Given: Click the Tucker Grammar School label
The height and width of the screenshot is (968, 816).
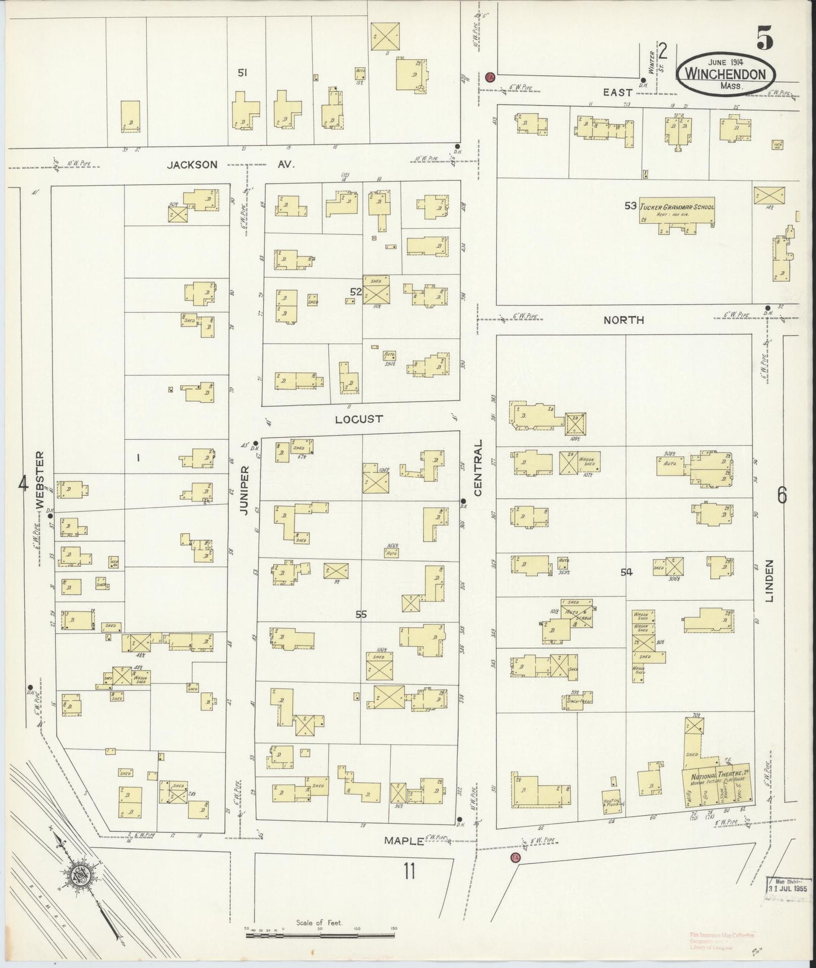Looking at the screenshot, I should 677,207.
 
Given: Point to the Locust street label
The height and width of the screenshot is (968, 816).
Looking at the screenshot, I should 359,419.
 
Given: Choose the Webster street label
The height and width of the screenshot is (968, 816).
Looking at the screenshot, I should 40,479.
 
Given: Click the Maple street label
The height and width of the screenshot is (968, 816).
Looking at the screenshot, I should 404,840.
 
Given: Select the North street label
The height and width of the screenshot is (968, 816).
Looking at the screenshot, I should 623,320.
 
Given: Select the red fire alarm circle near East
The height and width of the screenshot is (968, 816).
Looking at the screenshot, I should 490,76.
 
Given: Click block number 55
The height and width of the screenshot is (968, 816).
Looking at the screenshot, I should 361,614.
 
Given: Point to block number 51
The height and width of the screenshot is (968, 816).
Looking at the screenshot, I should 243,72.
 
